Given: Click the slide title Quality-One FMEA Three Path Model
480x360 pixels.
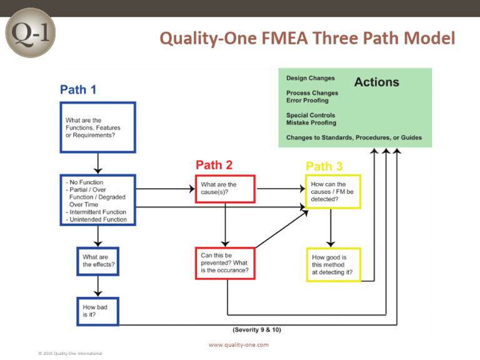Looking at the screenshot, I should tap(307, 39).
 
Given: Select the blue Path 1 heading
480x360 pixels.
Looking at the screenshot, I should tap(78, 89).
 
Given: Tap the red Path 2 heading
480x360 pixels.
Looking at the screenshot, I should tap(214, 165).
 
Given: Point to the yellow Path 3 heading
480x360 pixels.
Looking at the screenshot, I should tap(324, 166).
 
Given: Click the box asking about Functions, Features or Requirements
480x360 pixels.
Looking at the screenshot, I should tap(97, 127).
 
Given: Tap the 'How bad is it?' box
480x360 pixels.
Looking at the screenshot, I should tap(98, 311).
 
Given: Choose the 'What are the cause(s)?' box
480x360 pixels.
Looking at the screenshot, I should tap(225, 188).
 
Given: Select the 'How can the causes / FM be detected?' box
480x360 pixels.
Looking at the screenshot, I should tap(332, 192).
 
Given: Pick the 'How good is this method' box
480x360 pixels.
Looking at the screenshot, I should tap(332, 264).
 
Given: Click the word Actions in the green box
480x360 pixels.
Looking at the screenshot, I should tap(376, 82).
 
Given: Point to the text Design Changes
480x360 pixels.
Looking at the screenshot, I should tap(310, 79).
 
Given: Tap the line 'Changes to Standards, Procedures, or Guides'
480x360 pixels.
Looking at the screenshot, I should tap(354, 137).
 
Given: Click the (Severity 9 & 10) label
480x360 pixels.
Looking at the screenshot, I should tap(257, 329).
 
